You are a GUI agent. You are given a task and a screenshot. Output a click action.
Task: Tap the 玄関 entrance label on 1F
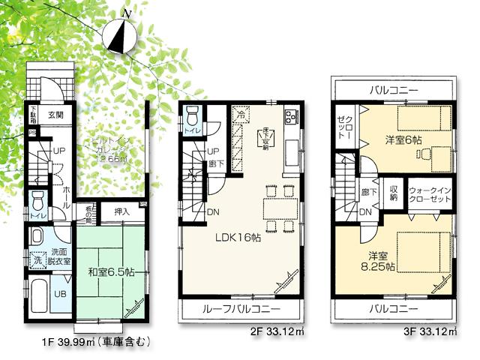pyautogui.click(x=57, y=115)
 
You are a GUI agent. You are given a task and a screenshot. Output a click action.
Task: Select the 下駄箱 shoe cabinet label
pyautogui.click(x=34, y=115)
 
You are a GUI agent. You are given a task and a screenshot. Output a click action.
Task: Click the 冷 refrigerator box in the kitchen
pyautogui.click(x=239, y=115)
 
